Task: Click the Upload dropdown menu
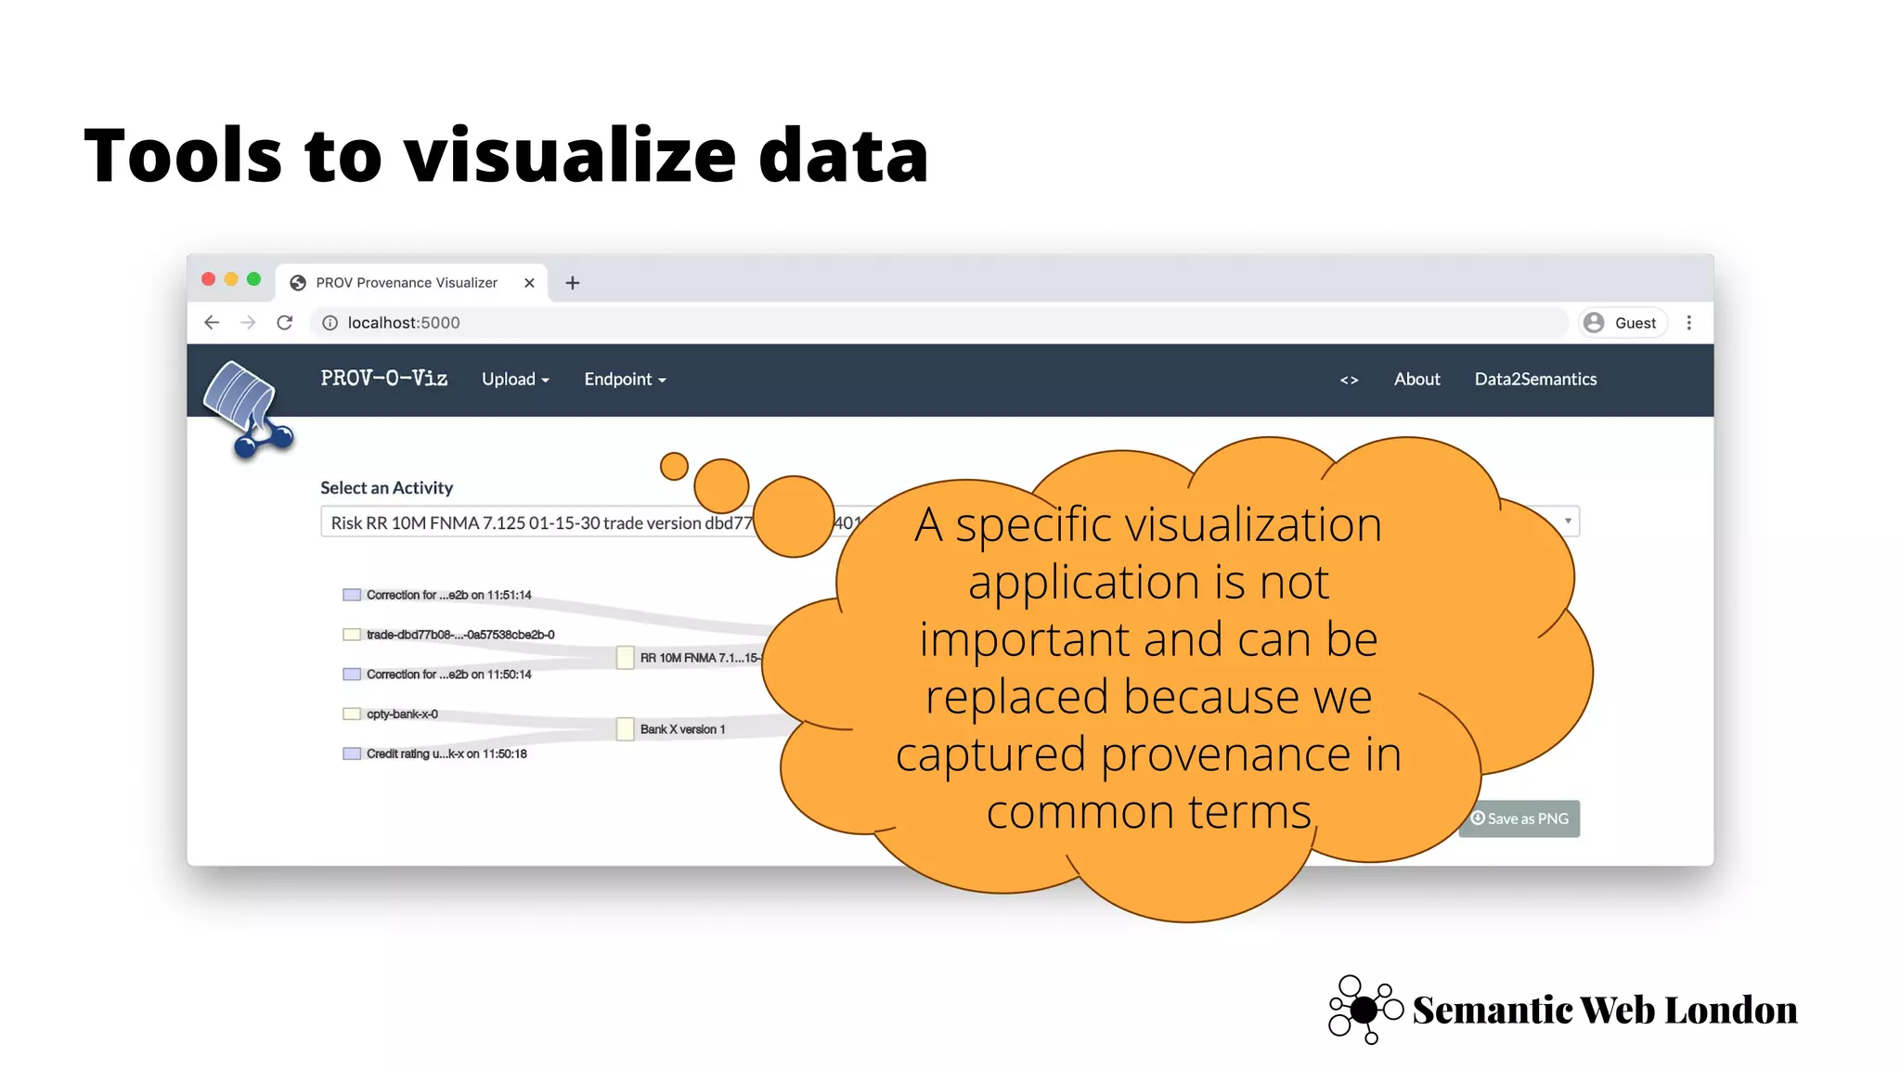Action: (x=515, y=380)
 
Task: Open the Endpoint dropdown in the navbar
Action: (x=625, y=380)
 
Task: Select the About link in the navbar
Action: (x=1416, y=380)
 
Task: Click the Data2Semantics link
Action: (x=1535, y=380)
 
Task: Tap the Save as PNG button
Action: (x=1520, y=818)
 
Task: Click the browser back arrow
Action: (x=212, y=323)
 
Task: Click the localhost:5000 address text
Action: (x=404, y=323)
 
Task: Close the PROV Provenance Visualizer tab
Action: (x=529, y=283)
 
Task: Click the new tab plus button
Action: (x=573, y=283)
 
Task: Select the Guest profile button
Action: (x=1623, y=323)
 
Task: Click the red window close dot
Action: (x=209, y=279)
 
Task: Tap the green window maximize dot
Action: (x=253, y=279)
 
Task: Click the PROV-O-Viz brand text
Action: (x=384, y=379)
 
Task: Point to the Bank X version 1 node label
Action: (x=682, y=729)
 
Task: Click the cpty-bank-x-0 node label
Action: (x=402, y=715)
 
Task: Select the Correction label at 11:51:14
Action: (x=448, y=595)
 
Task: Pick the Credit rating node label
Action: (x=446, y=754)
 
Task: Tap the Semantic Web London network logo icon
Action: (x=1364, y=1010)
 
